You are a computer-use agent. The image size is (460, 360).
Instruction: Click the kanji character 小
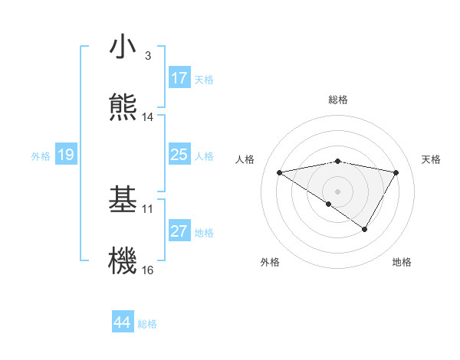click(x=123, y=47)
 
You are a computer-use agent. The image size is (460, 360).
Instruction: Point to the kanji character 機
click(x=123, y=260)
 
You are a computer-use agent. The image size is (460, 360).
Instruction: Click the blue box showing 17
click(x=179, y=78)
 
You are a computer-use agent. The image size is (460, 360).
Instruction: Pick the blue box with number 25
click(x=179, y=155)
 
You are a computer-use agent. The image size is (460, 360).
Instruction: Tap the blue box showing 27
click(x=179, y=231)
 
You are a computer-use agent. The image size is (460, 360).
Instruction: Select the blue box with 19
click(x=66, y=155)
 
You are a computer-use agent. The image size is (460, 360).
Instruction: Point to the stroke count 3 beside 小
click(x=148, y=56)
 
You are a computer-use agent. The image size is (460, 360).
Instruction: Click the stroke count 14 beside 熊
click(x=148, y=117)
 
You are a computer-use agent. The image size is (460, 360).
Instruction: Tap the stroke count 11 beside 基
click(x=148, y=208)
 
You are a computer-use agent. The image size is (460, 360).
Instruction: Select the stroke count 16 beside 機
click(x=148, y=270)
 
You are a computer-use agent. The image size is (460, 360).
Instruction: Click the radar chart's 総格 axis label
click(x=338, y=100)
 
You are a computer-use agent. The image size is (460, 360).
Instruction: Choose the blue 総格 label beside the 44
click(x=147, y=324)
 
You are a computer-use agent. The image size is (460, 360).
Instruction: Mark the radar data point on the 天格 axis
click(x=396, y=172)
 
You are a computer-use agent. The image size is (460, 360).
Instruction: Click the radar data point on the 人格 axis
click(x=279, y=172)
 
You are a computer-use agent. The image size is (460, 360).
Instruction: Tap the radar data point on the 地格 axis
click(x=365, y=229)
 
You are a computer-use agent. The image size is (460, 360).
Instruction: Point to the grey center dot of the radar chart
click(x=338, y=191)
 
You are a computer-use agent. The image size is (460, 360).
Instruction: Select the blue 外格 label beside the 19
click(x=41, y=155)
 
